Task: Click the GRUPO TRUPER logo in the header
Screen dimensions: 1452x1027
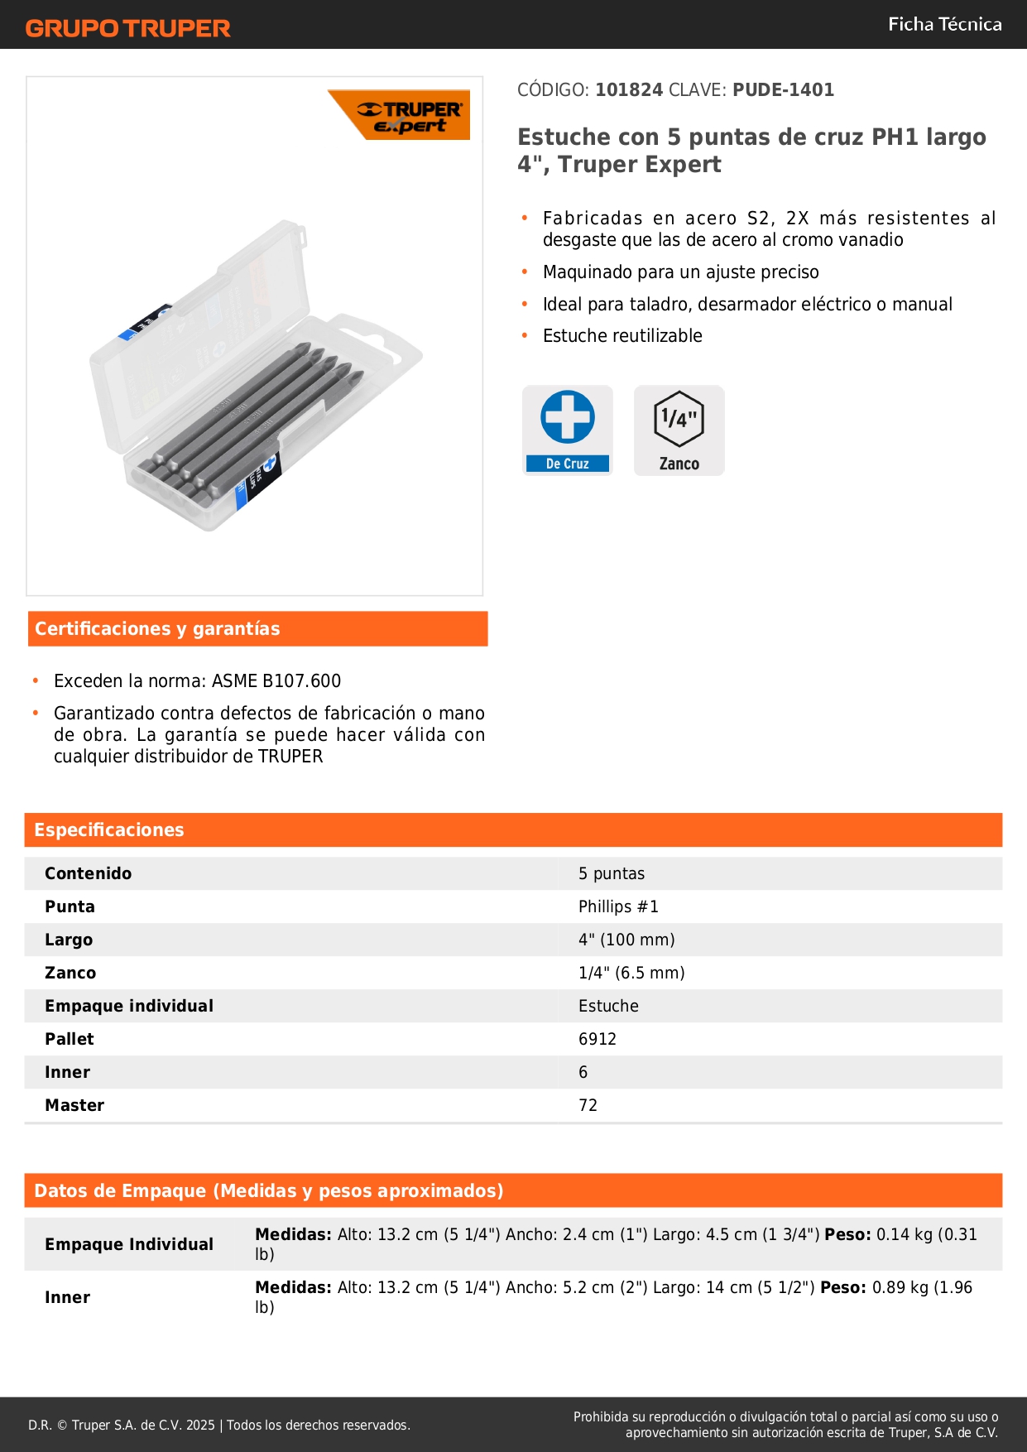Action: click(127, 28)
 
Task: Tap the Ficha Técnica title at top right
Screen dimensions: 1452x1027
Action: click(944, 24)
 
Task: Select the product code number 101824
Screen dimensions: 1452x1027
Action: click(629, 89)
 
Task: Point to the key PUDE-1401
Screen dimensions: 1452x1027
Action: click(783, 89)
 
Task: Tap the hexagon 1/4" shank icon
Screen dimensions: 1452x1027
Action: click(679, 419)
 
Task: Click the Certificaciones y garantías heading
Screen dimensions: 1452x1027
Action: click(157, 629)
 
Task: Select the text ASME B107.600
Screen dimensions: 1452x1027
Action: click(276, 681)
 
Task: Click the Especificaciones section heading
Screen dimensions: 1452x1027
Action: click(109, 830)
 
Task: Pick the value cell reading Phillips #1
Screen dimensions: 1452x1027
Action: click(618, 906)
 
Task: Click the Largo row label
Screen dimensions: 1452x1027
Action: click(69, 940)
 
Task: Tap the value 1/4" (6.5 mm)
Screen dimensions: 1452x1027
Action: click(631, 973)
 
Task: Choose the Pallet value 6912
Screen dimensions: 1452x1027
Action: click(597, 1039)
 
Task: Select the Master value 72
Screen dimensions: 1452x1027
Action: click(588, 1105)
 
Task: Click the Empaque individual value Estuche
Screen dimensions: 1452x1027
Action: click(608, 1006)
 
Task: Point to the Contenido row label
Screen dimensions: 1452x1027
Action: click(88, 873)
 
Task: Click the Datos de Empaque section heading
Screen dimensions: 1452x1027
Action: click(268, 1190)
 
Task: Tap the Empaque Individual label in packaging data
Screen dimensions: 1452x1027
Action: click(129, 1244)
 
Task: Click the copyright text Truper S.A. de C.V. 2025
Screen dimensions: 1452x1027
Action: click(143, 1425)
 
